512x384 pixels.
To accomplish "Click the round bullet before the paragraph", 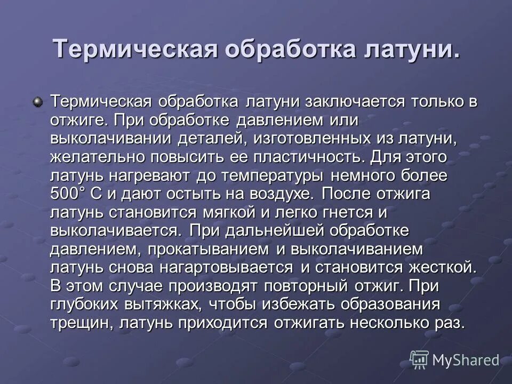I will point(37,101).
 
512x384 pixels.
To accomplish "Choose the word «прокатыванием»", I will point(209,250).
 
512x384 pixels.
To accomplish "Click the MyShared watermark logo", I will point(455,361).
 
